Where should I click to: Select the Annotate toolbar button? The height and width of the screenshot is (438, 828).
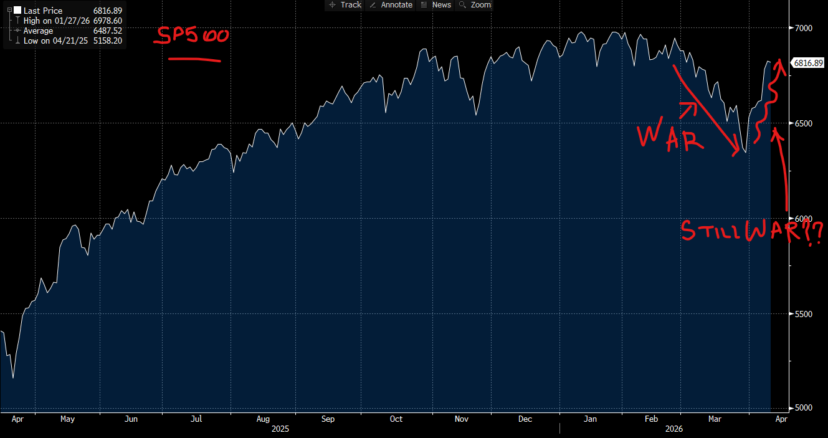coord(391,5)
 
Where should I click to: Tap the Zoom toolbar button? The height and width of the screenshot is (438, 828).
coord(475,5)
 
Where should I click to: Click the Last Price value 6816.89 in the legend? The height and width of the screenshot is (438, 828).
coord(108,11)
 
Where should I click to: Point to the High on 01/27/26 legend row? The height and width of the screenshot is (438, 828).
coord(56,21)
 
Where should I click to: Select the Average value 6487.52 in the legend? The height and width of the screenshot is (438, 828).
coord(108,31)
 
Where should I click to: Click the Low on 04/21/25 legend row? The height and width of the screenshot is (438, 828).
coord(56,40)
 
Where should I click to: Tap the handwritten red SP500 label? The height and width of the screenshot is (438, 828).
coord(191,36)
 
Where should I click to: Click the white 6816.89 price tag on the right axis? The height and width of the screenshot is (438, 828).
coord(807,63)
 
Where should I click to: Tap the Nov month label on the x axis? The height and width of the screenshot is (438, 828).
coord(462,419)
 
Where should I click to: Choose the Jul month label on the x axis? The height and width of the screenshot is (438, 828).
coord(196,419)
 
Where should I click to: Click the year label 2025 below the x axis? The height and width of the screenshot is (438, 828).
coord(281,429)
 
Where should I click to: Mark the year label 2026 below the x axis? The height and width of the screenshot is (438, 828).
coord(673,429)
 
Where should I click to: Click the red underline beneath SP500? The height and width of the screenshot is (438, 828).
coord(195,60)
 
